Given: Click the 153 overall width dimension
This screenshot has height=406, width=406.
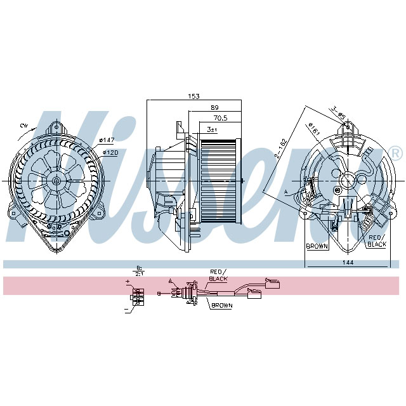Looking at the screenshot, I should pyautogui.click(x=193, y=96).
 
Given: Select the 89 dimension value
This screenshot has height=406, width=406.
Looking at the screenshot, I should pyautogui.click(x=215, y=107).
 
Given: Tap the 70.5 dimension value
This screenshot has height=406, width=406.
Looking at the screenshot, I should pyautogui.click(x=220, y=117).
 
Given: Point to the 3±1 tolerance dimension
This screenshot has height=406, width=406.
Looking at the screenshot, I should pyautogui.click(x=211, y=129).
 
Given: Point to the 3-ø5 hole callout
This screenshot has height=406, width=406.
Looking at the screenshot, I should pyautogui.click(x=337, y=113).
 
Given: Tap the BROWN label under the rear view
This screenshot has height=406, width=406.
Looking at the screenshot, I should pyautogui.click(x=317, y=246).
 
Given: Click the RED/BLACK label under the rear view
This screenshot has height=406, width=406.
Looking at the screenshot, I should pyautogui.click(x=377, y=240).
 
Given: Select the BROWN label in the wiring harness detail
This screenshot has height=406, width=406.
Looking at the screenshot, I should pyautogui.click(x=221, y=305).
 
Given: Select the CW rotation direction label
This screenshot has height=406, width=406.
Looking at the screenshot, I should pyautogui.click(x=23, y=127).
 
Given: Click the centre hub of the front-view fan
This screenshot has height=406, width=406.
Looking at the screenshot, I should pyautogui.click(x=56, y=180).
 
